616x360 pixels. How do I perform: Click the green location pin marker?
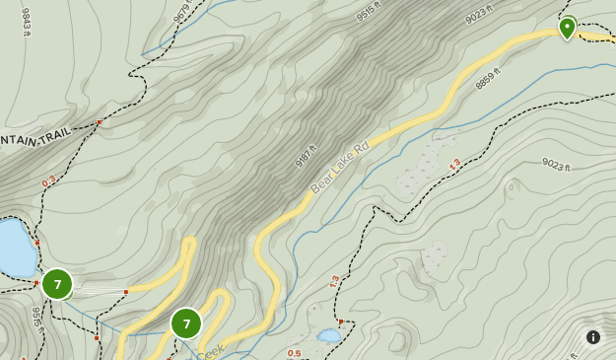coord(567,27)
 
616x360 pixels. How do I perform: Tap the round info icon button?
coord(593,337)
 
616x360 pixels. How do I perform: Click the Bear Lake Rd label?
coord(339,167)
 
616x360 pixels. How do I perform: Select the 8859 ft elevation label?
coord(488,78)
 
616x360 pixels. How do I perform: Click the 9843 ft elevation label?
coord(27,23)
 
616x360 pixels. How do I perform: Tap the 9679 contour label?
coord(181,11)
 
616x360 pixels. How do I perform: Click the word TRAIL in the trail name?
coord(55,137)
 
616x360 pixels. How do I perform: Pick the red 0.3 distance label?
coord(48,181)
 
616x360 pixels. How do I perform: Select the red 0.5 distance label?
coord(294,353)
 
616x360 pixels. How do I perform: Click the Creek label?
coord(210,352)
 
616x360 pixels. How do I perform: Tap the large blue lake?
coord(15,249)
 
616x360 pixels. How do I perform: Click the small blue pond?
coord(328,336)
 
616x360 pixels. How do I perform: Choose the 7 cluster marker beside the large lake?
coord(57,284)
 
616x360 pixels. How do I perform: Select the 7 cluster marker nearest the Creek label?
coord(186,323)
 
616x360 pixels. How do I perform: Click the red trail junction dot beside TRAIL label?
coord(99,122)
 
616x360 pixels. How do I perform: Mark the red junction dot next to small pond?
coord(340,322)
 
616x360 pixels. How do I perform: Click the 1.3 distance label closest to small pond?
coord(334,282)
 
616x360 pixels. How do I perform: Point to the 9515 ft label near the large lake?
coord(36,319)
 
